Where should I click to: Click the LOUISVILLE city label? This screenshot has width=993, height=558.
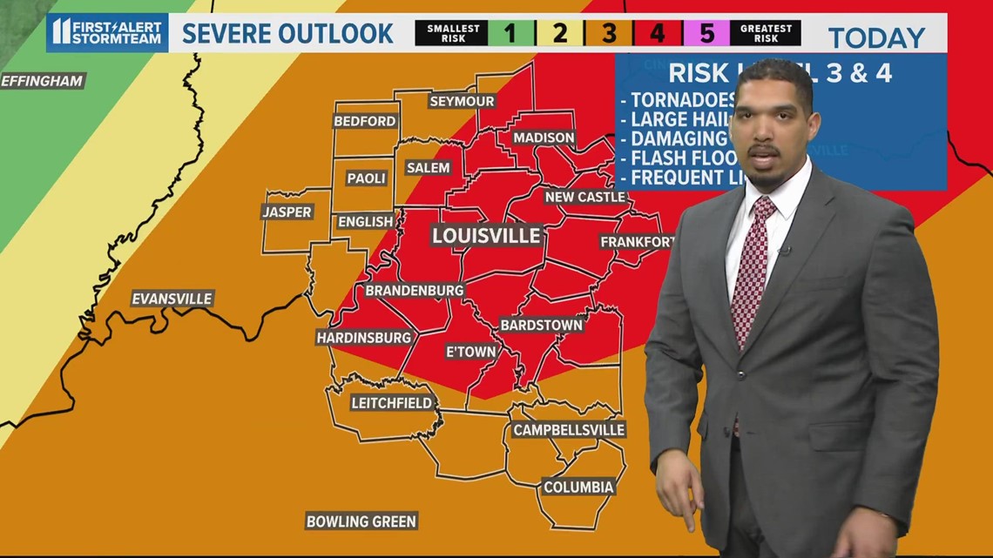pyautogui.click(x=487, y=236)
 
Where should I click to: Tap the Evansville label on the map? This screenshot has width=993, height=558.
pyautogui.click(x=172, y=299)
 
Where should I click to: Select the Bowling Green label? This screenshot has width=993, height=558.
pyautogui.click(x=361, y=521)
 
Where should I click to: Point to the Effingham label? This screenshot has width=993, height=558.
pyautogui.click(x=42, y=81)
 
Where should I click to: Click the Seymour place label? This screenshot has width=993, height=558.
pyautogui.click(x=462, y=101)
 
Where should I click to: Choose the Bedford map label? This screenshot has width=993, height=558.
pyautogui.click(x=365, y=121)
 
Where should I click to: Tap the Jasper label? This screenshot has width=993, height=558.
pyautogui.click(x=287, y=212)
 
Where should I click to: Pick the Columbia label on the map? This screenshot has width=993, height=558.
pyautogui.click(x=578, y=487)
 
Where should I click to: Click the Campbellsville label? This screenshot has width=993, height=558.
pyautogui.click(x=569, y=430)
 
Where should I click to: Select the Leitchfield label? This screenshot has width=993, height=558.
pyautogui.click(x=391, y=402)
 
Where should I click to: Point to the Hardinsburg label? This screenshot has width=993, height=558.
pyautogui.click(x=363, y=337)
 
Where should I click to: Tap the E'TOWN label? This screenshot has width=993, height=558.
pyautogui.click(x=470, y=352)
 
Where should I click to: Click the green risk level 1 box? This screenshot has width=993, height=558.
pyautogui.click(x=511, y=34)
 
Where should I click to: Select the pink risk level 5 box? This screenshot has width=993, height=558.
pyautogui.click(x=706, y=34)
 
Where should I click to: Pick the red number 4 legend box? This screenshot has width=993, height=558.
pyautogui.click(x=658, y=34)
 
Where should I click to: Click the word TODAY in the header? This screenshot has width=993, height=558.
pyautogui.click(x=875, y=38)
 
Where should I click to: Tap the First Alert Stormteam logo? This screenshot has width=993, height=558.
pyautogui.click(x=107, y=32)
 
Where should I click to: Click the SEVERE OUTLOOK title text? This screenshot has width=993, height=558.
pyautogui.click(x=287, y=34)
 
